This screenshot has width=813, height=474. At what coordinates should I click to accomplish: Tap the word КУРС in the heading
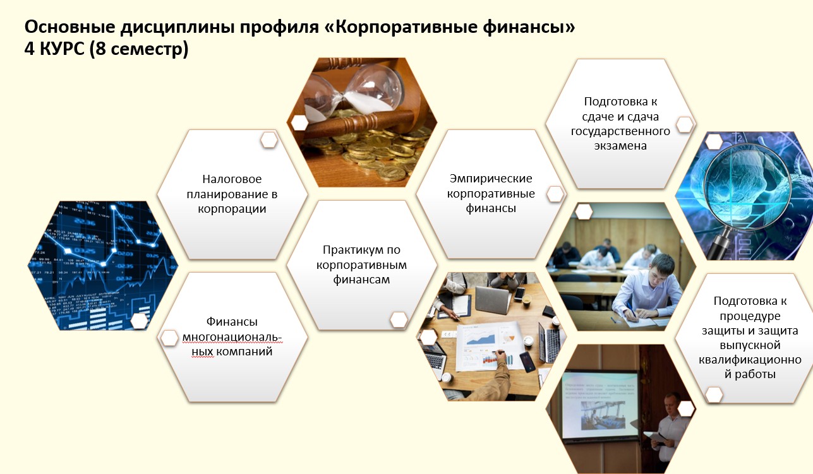pos(62,49)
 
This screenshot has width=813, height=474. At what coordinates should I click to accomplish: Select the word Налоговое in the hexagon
pos(232,179)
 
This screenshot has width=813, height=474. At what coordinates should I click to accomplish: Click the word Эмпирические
pos(491,179)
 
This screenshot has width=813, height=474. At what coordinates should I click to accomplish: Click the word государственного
pos(620,131)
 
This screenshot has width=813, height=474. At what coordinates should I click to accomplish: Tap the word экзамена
pos(620,146)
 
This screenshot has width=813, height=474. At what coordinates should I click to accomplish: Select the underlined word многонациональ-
pos(232,337)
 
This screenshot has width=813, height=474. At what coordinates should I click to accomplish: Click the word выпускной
pos(750,345)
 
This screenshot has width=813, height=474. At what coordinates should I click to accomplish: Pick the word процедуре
pos(750,316)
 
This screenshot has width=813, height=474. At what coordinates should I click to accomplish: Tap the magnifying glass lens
pos(747,187)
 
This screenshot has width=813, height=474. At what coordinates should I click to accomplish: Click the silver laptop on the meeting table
pos(493,300)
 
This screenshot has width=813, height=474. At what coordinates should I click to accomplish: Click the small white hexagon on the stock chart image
pos(140,321)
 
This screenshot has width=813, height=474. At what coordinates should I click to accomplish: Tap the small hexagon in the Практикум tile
pos(399,320)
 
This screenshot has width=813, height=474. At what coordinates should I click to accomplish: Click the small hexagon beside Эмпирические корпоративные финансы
pos(555,194)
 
